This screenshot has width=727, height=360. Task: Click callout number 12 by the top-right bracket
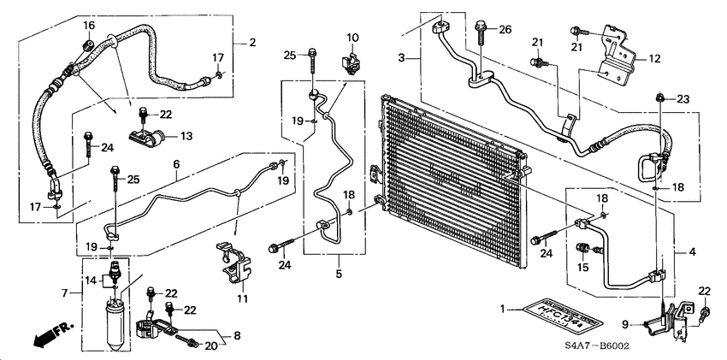point(654,59)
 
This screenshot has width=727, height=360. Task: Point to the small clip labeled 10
point(348,62)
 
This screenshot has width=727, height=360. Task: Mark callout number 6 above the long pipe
point(176,164)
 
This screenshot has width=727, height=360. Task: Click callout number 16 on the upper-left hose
point(88,27)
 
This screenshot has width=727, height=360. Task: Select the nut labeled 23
point(660,98)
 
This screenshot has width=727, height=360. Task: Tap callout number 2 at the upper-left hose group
point(251,42)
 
